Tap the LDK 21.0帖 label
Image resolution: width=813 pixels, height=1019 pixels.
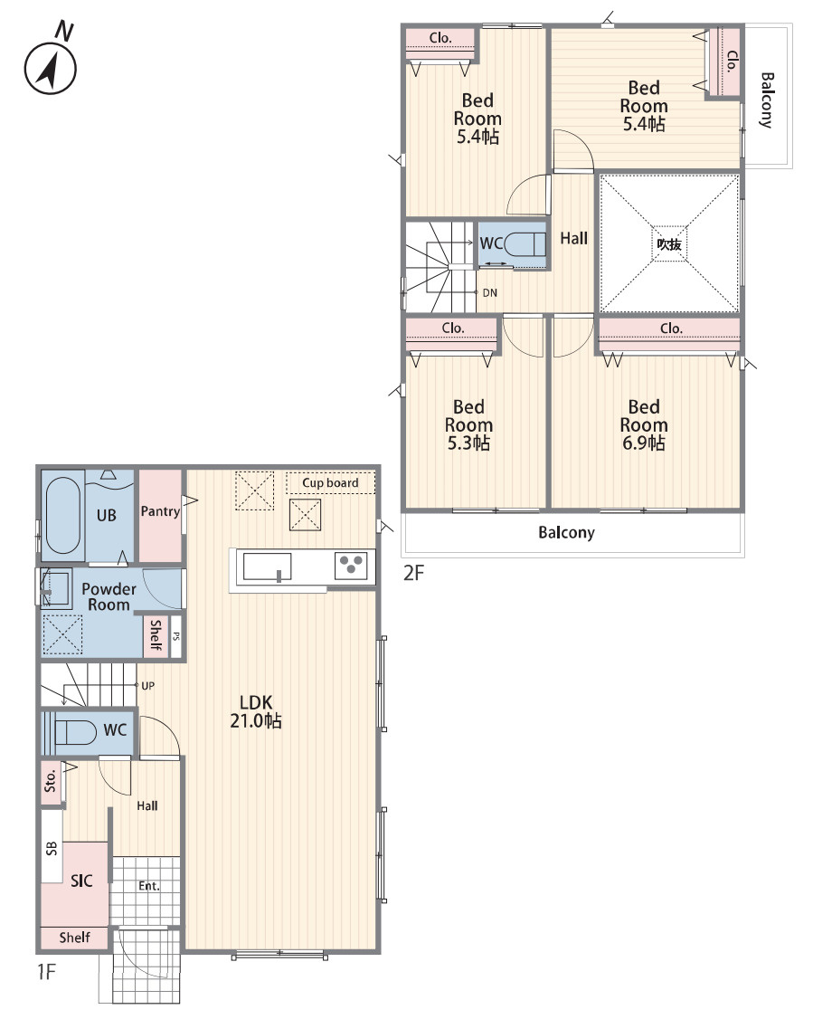256,711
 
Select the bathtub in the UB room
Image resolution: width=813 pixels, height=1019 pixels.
63,515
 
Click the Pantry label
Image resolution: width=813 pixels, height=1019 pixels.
160,511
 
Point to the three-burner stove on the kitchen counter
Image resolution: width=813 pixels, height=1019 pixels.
351,566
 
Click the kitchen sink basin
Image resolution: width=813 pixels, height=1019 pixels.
267,567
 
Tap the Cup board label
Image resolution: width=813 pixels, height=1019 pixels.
330,483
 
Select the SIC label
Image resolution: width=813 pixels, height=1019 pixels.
81,881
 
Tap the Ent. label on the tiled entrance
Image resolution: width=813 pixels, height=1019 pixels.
148,886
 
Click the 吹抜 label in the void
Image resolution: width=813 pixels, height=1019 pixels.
669,244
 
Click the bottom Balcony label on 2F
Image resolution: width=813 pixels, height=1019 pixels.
566,533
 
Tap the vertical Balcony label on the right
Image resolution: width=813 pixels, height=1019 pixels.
767,100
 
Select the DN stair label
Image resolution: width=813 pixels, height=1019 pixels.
489,293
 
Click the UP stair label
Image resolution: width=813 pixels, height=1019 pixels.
148,686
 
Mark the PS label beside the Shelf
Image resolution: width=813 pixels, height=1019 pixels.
176,636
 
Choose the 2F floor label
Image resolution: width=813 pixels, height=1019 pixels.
413,573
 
